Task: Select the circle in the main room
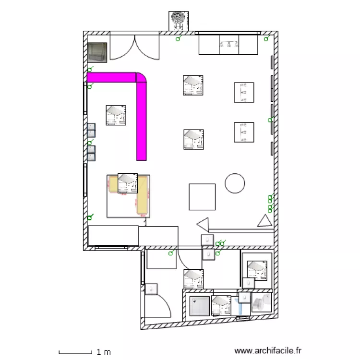coord(235,183)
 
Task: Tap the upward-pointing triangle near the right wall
coord(264,221)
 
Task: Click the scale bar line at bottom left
coord(75,353)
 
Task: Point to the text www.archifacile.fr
coord(269,351)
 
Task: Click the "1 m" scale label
coord(104,352)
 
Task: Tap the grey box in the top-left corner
coord(97,52)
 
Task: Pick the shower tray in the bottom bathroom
coord(200,306)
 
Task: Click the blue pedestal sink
coord(241,306)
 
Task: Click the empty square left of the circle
coord(202,197)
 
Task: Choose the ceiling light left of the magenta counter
coord(116,115)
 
